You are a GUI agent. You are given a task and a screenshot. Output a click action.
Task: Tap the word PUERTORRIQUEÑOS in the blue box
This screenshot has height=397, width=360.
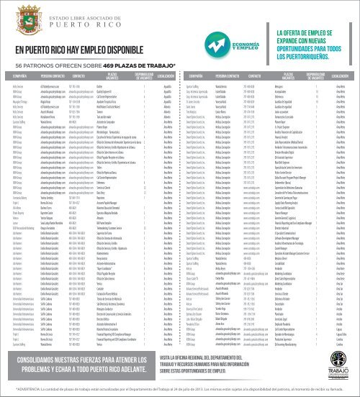[316, 76]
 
